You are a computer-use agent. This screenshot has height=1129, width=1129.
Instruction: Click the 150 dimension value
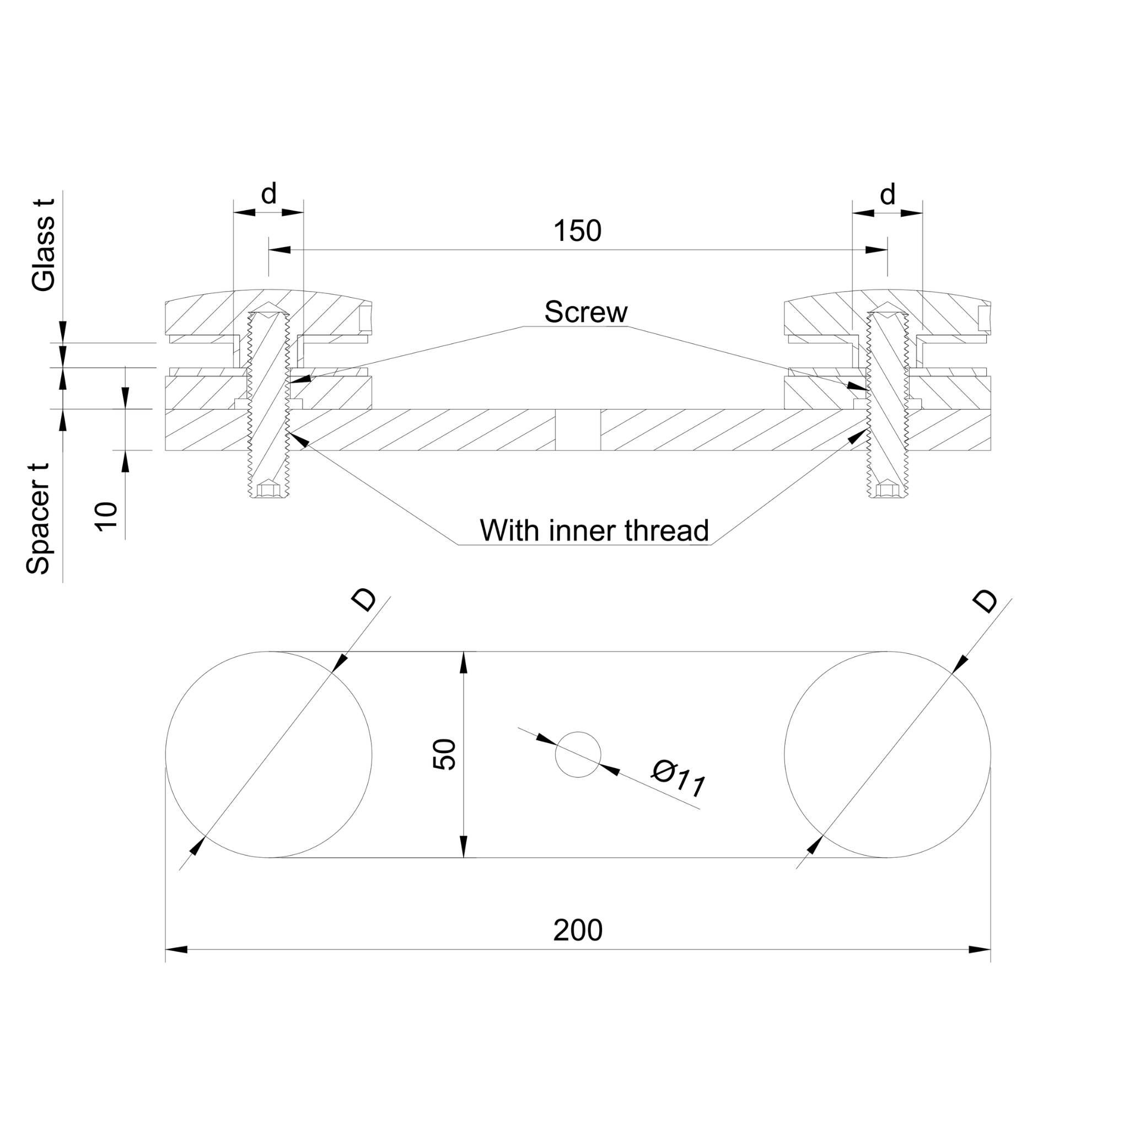click(x=577, y=231)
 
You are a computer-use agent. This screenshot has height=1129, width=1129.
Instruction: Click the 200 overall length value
click(x=577, y=930)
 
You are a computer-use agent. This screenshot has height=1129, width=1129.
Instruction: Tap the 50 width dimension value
click(x=444, y=755)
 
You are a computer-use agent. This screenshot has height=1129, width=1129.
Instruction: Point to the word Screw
click(x=585, y=312)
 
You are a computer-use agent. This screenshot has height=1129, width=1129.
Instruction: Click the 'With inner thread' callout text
click(x=594, y=531)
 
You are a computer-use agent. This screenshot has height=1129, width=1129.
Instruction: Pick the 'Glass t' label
click(x=44, y=245)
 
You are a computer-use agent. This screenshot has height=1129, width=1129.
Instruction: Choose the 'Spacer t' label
click(x=39, y=519)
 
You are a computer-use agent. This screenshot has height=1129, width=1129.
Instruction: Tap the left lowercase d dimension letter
click(x=268, y=193)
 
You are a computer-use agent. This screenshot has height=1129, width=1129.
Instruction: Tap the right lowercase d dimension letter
click(x=887, y=193)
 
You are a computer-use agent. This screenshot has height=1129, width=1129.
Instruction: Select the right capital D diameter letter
click(x=985, y=602)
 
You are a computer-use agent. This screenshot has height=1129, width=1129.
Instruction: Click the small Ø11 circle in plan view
click(x=577, y=755)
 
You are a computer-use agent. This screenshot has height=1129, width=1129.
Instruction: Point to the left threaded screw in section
click(x=269, y=403)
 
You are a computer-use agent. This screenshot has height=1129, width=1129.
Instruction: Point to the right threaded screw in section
click(x=888, y=403)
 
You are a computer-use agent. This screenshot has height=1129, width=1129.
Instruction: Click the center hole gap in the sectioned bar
click(x=577, y=429)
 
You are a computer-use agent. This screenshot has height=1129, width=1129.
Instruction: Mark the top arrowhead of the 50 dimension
click(x=464, y=663)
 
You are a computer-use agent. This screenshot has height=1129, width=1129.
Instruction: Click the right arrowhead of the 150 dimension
click(x=876, y=250)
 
